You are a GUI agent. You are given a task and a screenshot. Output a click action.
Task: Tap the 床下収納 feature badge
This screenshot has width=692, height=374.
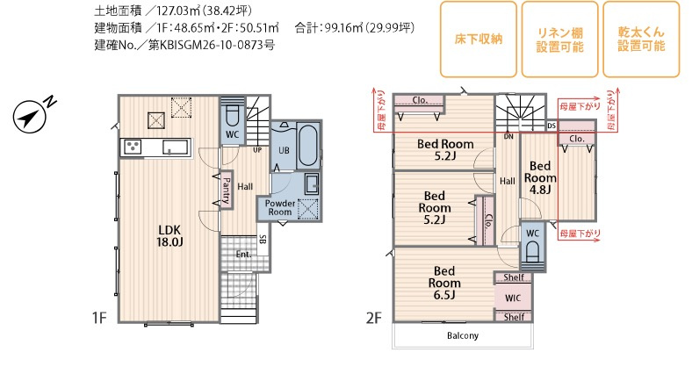point(479,40)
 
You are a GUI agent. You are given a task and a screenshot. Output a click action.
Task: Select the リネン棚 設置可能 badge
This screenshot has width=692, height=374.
point(559,40)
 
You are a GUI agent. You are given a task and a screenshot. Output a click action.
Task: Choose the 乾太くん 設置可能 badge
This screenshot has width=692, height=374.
point(641,40)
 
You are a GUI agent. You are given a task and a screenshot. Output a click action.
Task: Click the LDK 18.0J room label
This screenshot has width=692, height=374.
point(169,235)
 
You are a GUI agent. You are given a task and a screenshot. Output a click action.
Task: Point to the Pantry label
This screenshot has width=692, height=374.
point(226,191)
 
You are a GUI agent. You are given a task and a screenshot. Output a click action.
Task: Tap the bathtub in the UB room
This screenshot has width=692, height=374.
point(307,145)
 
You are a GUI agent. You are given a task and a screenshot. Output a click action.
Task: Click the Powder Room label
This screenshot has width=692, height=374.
point(280,208)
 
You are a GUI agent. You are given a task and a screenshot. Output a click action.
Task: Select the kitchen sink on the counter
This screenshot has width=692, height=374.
point(177,147)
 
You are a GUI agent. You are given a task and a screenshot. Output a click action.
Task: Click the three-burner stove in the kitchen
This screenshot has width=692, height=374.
point(133,147)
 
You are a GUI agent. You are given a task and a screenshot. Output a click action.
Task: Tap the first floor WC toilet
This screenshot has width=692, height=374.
point(232,116)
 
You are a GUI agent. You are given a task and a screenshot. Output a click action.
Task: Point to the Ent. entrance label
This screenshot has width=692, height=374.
point(243,254)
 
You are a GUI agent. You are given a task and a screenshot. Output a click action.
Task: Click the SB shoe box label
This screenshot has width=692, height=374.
point(263,240)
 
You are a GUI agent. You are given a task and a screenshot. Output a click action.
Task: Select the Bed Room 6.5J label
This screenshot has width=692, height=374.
point(444,283)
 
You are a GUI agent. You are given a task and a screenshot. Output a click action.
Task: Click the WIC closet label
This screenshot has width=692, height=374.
point(512,298)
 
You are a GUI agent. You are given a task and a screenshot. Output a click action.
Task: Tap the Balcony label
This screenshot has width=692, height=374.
point(463,335)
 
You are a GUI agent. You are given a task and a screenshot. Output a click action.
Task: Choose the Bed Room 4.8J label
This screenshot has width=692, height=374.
point(540,177)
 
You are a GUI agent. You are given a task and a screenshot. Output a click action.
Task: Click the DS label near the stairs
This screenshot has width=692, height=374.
point(551,126)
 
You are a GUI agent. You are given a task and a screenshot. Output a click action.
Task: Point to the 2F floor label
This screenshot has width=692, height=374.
point(373,318)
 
